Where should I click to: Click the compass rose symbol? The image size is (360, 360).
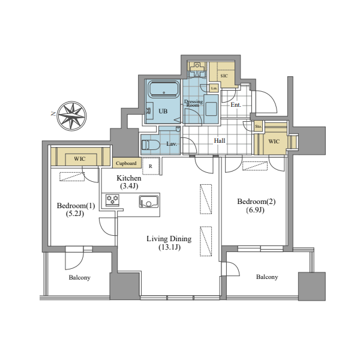pyautogui.click(x=71, y=116)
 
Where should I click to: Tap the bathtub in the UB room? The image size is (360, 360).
pyautogui.click(x=164, y=89)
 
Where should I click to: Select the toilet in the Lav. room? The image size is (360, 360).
pyautogui.click(x=151, y=145)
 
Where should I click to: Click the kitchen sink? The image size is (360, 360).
pyautogui.click(x=149, y=202)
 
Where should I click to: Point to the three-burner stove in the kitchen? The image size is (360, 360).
pyautogui.click(x=113, y=200)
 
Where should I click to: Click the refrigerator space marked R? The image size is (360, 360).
pyautogui.click(x=151, y=166)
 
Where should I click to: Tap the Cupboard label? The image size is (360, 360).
pyautogui.click(x=126, y=163)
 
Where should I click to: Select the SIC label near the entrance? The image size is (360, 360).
pyautogui.click(x=224, y=76)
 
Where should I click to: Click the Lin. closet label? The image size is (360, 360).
pyautogui.click(x=214, y=88)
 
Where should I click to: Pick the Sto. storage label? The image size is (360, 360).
pyautogui.click(x=258, y=126)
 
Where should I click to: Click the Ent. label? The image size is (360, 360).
pyautogui.click(x=236, y=105)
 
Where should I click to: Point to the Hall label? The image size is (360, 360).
pyautogui.click(x=220, y=140)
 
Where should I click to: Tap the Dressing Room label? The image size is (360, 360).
pyautogui.click(x=193, y=103)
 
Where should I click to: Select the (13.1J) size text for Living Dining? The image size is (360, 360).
pyautogui.click(x=169, y=247)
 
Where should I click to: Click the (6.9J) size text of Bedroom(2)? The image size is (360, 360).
pyautogui.click(x=256, y=210)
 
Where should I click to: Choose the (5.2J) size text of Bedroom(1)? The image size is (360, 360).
pyautogui.click(x=75, y=214)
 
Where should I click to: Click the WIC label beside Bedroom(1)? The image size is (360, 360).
pyautogui.click(x=80, y=158)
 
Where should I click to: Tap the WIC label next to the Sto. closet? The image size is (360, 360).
pyautogui.click(x=274, y=141)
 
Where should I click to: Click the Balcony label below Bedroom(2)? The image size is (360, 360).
pyautogui.click(x=267, y=277)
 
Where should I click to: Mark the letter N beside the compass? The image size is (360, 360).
pyautogui.click(x=53, y=113)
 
